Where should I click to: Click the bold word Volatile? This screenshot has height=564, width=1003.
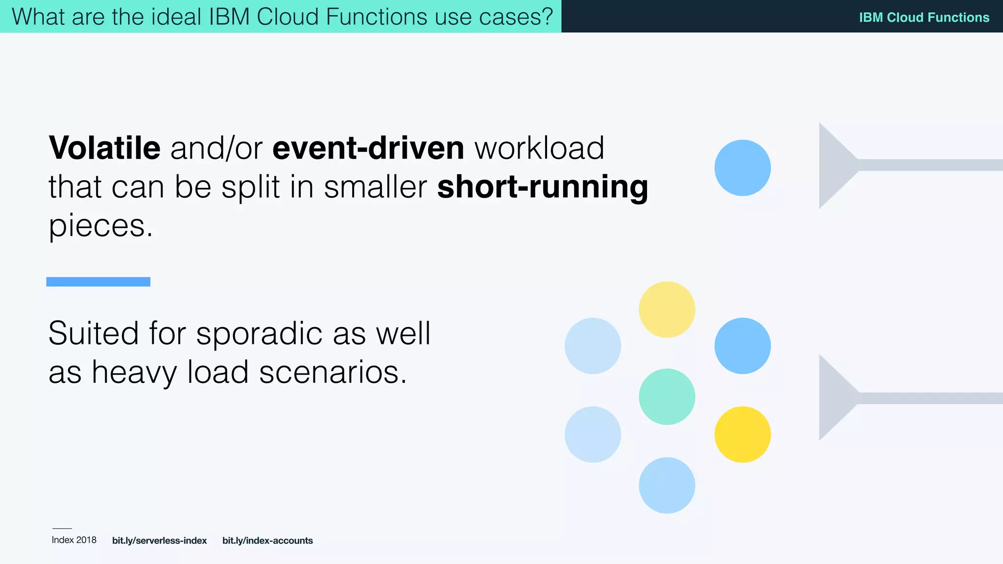click(104, 148)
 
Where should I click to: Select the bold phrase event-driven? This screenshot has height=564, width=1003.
click(368, 148)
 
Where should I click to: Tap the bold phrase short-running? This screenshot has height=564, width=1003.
click(542, 187)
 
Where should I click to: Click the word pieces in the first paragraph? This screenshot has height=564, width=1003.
click(100, 226)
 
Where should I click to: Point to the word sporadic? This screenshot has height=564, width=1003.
click(259, 334)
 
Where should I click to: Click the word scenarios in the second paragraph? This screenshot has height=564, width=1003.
click(333, 373)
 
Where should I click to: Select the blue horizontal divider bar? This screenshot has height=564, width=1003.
click(98, 282)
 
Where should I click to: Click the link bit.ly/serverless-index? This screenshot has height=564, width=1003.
click(159, 540)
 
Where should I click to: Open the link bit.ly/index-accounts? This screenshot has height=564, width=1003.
click(267, 540)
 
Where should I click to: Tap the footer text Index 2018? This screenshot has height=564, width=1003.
click(74, 540)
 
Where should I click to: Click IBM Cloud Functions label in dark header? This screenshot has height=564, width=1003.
click(924, 17)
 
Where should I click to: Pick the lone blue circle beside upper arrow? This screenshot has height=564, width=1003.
click(742, 168)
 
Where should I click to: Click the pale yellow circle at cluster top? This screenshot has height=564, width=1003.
click(667, 309)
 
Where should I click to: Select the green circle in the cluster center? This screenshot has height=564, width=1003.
click(667, 397)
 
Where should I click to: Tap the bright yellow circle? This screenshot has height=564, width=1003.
click(742, 434)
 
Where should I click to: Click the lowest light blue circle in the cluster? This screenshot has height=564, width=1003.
click(667, 485)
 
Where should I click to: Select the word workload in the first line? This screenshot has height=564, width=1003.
click(539, 148)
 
